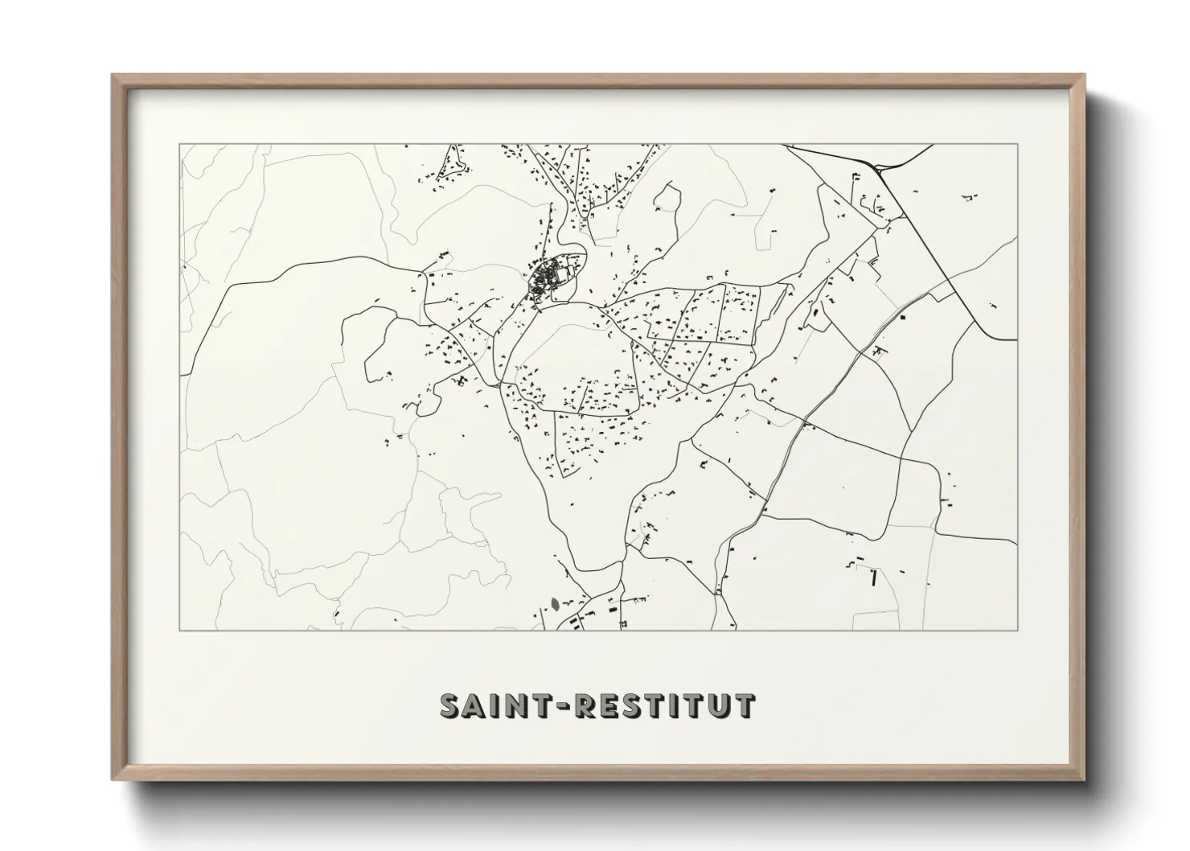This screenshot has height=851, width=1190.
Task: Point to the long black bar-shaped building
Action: tap(872, 578)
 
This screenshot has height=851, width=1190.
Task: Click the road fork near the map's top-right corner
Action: tap(880, 168)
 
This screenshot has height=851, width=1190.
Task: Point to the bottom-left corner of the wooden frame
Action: tap(113, 779)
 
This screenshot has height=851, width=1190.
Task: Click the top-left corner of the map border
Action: tap(180, 145)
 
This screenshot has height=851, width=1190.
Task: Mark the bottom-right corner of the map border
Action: tap(1017, 630)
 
